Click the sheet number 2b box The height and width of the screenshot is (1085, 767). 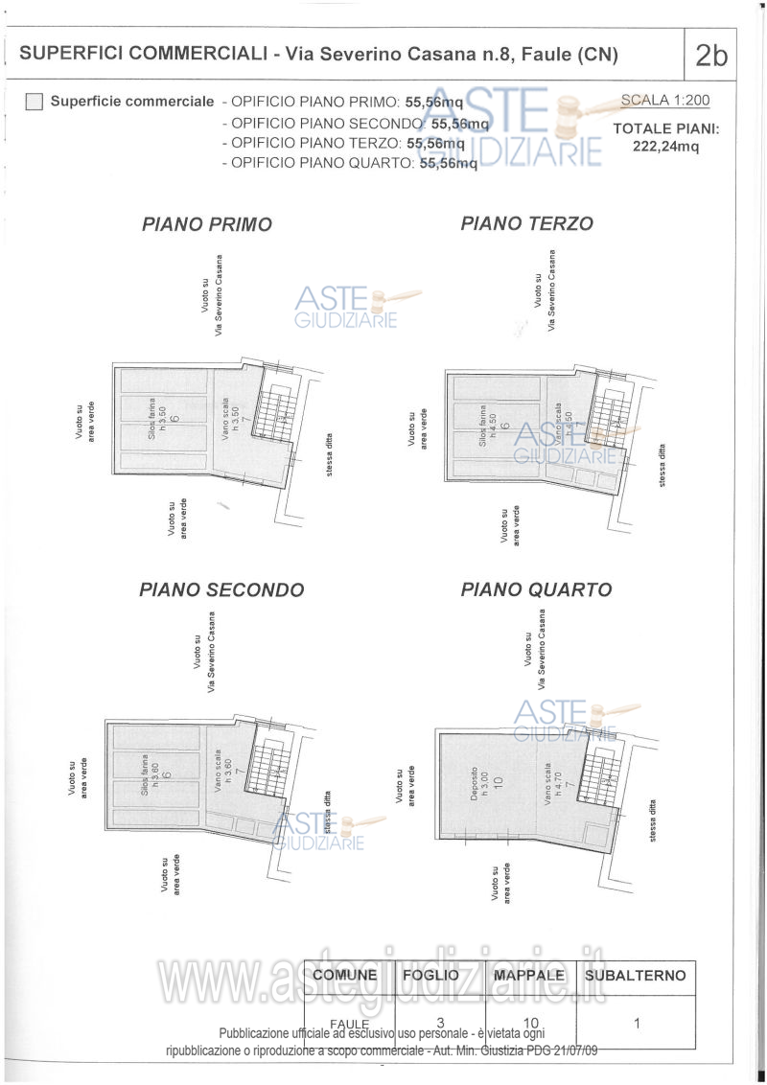(710, 55)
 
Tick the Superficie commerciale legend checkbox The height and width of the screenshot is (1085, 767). (35, 102)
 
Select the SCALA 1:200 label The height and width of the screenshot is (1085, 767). (665, 100)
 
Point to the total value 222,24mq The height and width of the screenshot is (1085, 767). (665, 147)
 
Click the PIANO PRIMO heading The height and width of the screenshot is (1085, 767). (207, 224)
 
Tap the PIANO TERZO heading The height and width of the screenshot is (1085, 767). (526, 223)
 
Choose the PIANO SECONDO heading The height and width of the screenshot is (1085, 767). (221, 589)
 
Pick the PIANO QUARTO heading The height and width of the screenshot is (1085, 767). (536, 589)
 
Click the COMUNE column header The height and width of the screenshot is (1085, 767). (350, 976)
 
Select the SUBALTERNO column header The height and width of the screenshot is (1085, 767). (636, 976)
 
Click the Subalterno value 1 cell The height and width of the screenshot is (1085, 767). (637, 1023)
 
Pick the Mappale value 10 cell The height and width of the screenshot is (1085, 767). (531, 1023)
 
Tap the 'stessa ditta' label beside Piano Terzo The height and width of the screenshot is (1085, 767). (662, 466)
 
